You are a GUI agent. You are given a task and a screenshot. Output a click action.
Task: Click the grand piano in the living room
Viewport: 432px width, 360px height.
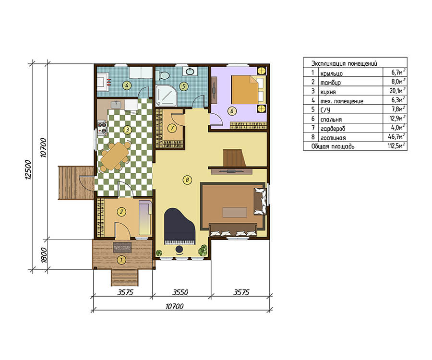click(x=180, y=227)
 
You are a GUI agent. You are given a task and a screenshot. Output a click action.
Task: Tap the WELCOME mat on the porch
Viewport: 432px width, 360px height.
click(x=122, y=248)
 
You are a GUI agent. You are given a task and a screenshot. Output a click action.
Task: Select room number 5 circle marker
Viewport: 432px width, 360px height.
click(x=183, y=86)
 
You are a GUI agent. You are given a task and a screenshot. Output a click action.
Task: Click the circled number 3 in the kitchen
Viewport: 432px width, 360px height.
click(x=127, y=130)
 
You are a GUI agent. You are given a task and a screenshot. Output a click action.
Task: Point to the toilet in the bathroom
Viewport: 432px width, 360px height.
click(x=163, y=75)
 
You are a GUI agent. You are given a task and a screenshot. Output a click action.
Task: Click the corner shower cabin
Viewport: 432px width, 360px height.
click(x=166, y=95)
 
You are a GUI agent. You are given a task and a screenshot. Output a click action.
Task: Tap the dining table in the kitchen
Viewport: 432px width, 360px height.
click(x=115, y=156)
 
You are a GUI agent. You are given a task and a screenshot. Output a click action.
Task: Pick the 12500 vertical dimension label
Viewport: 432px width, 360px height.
click(x=28, y=169)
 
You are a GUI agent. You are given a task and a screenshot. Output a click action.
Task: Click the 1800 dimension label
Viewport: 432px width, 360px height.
click(x=44, y=255)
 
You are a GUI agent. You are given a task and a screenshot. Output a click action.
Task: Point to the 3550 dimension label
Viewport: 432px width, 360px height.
click(x=180, y=292)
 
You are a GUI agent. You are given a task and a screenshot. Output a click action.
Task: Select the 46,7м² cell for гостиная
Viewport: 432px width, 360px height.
click(x=396, y=137)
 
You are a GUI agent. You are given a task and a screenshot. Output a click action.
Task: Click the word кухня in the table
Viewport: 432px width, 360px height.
click(x=328, y=92)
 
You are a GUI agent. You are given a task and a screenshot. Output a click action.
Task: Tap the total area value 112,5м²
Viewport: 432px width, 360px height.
click(x=396, y=145)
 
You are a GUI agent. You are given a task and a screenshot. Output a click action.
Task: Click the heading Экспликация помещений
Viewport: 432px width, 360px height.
click(x=344, y=63)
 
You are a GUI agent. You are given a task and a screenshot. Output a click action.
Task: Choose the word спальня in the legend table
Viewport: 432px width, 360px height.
click(x=331, y=120)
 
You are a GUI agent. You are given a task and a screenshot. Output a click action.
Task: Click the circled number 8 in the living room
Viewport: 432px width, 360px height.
click(x=187, y=180)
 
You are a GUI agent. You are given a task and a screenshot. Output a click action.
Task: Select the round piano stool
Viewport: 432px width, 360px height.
click(x=180, y=250)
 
